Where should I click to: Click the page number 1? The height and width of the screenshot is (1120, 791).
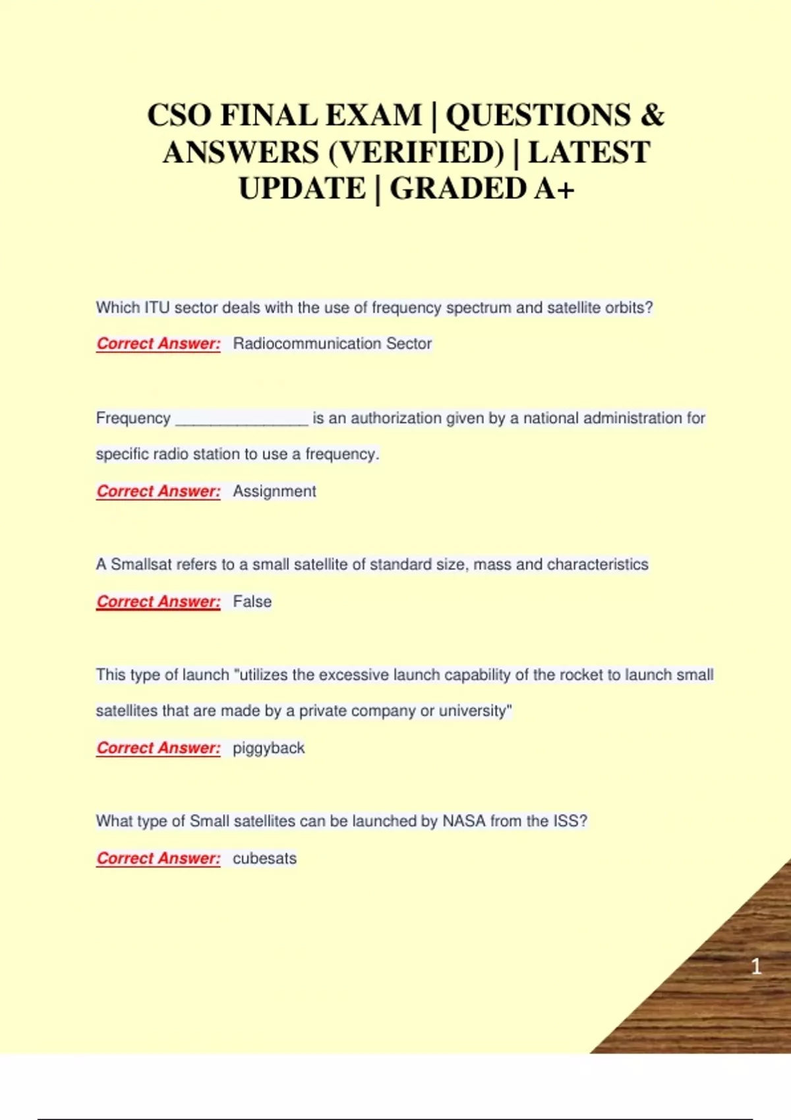point(756,966)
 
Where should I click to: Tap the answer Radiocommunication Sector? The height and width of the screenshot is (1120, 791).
point(332,343)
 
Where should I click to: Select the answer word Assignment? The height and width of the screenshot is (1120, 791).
point(274,491)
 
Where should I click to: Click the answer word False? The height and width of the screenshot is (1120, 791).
point(252,602)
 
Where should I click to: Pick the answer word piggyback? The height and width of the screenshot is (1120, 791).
point(268,748)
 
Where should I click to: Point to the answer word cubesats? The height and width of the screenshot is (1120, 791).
point(264,858)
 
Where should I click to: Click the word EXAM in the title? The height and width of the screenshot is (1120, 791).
point(373,116)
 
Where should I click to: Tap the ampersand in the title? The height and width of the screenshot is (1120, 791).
point(652,116)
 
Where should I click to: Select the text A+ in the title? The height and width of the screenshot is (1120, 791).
point(554,189)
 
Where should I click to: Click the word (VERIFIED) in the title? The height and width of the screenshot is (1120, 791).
point(416,153)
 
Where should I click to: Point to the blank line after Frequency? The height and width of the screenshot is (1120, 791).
point(242,419)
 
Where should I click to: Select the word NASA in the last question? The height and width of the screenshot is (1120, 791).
point(464,821)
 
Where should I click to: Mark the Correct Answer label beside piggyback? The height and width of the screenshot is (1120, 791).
point(158,748)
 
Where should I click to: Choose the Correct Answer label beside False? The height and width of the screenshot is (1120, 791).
point(158,602)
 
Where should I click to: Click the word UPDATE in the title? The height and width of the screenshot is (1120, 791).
point(302,189)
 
